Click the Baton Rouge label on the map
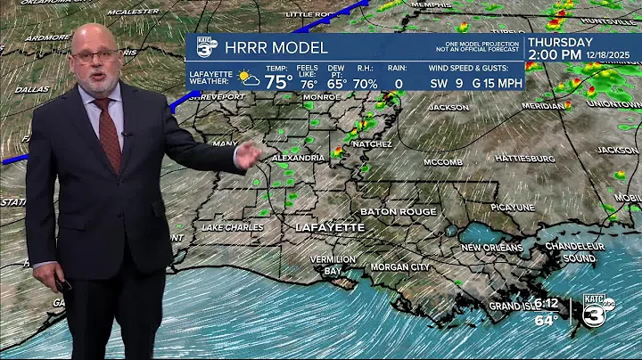click(398, 212)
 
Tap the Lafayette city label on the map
click(330, 228)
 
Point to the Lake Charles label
click(233, 227)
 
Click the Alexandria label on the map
click(298, 158)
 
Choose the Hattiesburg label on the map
click(524, 159)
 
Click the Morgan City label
click(400, 267)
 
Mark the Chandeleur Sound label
click(569, 251)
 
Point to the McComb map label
click(443, 162)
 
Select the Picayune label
click(513, 207)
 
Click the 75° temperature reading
click(278, 82)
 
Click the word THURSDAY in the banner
click(560, 42)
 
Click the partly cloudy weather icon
click(249, 79)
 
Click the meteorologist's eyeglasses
click(96, 54)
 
